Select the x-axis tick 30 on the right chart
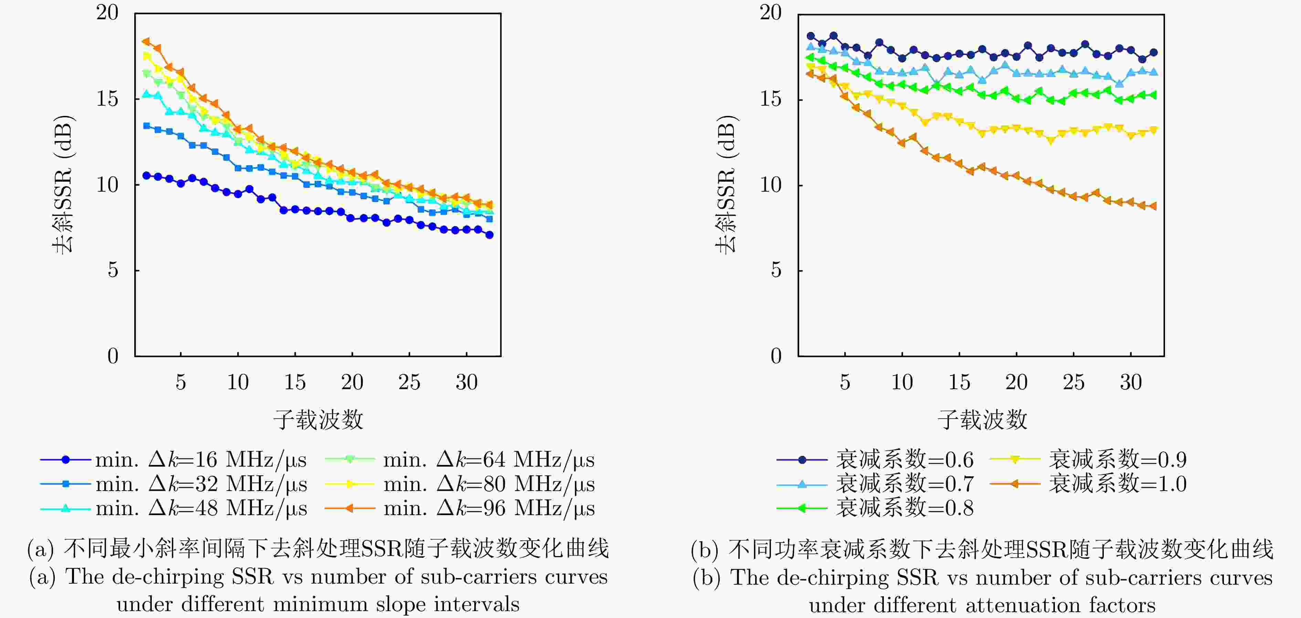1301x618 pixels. tap(1130, 382)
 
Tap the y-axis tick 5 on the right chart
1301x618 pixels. tap(776, 270)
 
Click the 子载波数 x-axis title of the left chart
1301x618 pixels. tap(318, 419)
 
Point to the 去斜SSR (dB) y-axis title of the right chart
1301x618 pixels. tap(726, 185)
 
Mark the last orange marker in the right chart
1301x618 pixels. tap(1153, 206)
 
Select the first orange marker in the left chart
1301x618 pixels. tap(147, 41)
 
